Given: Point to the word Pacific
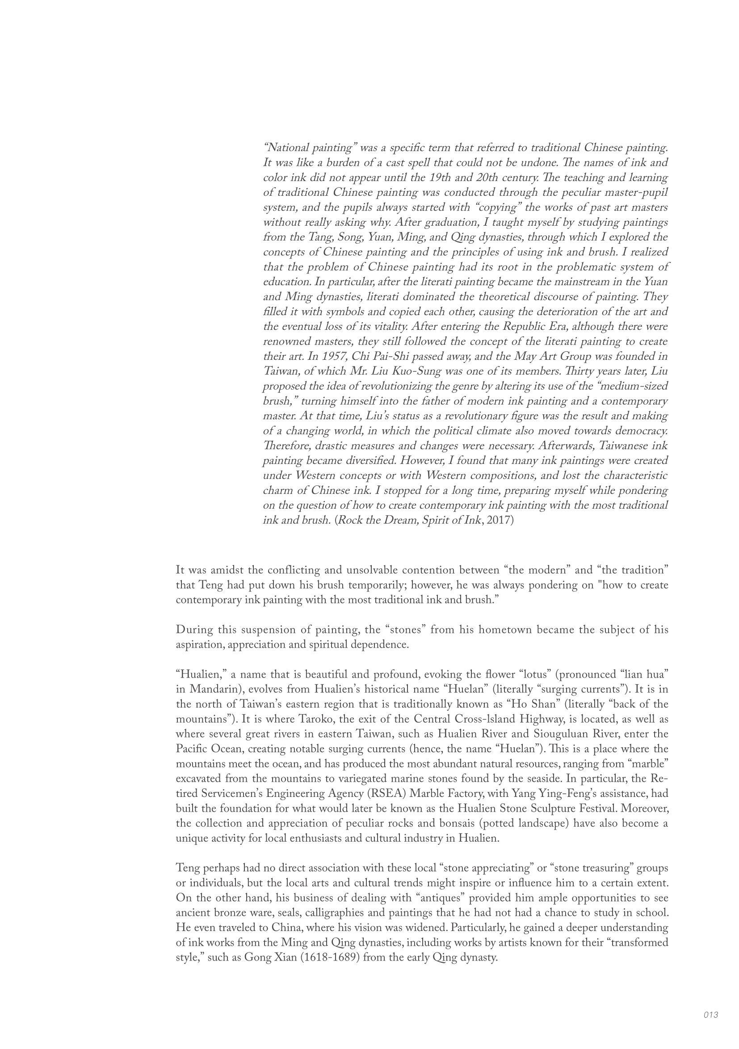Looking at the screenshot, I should pyautogui.click(x=192, y=749).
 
